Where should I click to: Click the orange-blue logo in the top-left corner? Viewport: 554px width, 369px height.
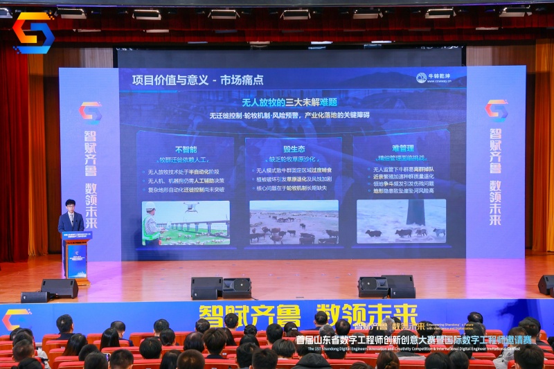(x=33, y=33)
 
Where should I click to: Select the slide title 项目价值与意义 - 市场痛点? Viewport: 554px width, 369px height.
(x=197, y=80)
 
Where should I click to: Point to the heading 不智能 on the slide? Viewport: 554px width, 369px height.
(x=186, y=149)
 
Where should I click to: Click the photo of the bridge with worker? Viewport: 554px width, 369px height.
(x=186, y=223)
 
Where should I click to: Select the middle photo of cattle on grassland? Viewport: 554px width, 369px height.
(x=294, y=222)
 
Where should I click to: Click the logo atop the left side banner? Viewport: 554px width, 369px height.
(x=91, y=112)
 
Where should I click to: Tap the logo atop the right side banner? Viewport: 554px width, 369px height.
(x=496, y=110)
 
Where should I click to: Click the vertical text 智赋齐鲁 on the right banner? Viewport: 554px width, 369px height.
(x=496, y=151)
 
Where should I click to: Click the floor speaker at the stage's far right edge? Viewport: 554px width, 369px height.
(x=546, y=285)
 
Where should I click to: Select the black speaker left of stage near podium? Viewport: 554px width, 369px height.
(x=60, y=288)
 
